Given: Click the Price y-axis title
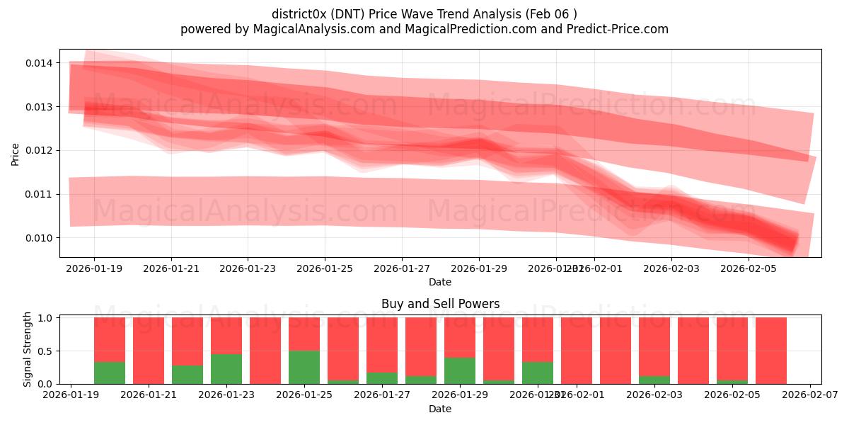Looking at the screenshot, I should coord(16,154).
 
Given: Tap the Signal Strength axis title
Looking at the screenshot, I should coord(28,350).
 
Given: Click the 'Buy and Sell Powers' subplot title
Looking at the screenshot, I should coord(440,304).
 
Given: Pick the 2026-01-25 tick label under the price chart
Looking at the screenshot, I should coord(325,269).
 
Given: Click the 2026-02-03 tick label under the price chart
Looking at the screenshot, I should coord(671,269).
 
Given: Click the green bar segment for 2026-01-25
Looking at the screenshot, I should coord(304,367).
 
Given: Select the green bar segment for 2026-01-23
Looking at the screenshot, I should coord(226,369).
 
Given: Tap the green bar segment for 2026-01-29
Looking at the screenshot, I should coord(460,370).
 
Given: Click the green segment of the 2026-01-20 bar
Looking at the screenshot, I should coord(110,373).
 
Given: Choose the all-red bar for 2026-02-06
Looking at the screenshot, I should coord(771,351).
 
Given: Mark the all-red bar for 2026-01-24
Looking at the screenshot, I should coord(265,351).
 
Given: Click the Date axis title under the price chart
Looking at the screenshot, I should coord(440,282).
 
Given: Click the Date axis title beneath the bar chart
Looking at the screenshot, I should coord(440,409).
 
